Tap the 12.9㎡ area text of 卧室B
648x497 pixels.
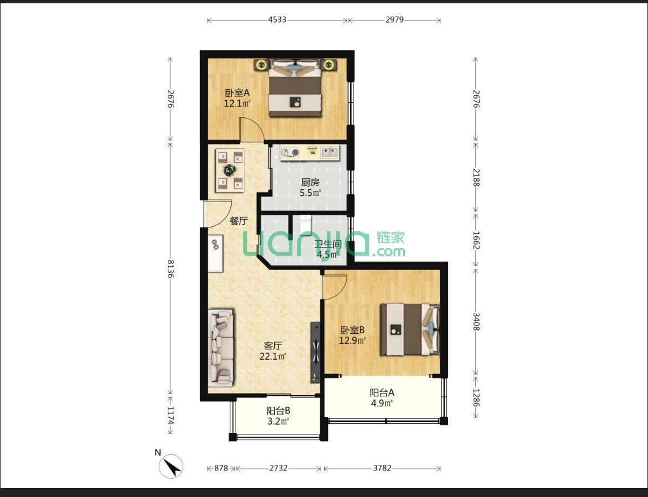point(352,341)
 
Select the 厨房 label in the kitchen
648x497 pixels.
point(310,182)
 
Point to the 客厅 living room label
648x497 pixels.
point(272,345)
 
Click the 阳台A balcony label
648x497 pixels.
point(382,392)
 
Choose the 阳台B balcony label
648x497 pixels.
point(278,411)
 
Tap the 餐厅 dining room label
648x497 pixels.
point(239,221)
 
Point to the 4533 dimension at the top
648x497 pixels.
point(277,20)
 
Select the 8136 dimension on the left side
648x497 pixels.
point(170,268)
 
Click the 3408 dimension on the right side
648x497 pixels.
point(476,322)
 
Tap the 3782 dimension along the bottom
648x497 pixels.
point(382,468)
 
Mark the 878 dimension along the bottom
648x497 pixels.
point(221,468)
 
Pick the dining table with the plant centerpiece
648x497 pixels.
point(230,170)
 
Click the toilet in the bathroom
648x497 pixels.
point(305,225)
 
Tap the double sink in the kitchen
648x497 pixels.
point(330,153)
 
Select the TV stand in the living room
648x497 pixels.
point(315,353)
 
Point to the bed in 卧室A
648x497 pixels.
point(295,88)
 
